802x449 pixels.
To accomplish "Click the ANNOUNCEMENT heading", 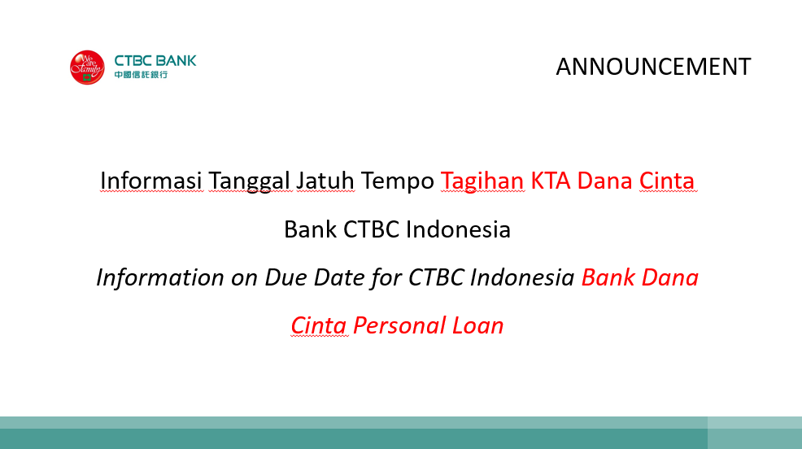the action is pos(653,67).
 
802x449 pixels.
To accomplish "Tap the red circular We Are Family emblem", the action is pos(87,68).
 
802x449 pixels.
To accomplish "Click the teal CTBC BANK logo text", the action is pos(155,61).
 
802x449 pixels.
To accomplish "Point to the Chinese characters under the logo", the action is pos(141,75).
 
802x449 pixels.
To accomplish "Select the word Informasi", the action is pos(151,181).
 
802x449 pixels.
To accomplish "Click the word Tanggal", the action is pos(250,181).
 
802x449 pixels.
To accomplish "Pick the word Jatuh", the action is pos(325,181).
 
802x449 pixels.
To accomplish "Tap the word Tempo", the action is pos(398,181).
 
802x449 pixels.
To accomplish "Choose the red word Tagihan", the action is pos(482,181).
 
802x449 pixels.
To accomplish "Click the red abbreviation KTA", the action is pos(551,181).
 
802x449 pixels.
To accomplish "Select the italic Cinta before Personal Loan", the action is pos(319,325).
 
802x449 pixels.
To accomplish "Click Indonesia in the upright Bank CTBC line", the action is pos(458,229).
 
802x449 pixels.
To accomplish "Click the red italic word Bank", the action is pos(608,277).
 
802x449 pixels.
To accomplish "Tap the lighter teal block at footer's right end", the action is pos(755,433).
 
